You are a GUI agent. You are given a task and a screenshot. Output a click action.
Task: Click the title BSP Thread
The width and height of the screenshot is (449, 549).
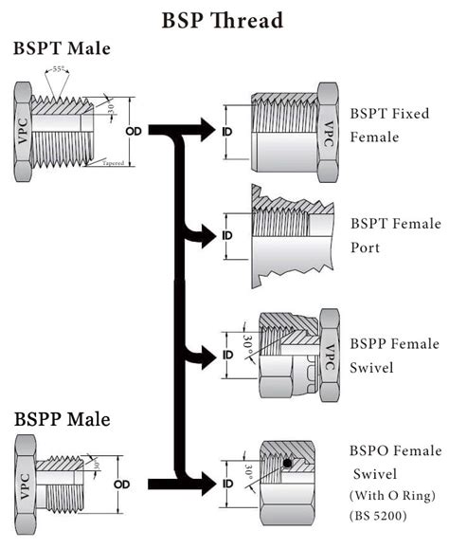pos(224,18)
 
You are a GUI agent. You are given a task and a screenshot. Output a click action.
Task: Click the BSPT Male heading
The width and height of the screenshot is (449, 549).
pos(62,50)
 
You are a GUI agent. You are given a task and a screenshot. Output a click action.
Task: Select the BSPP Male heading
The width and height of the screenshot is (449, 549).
pos(62,418)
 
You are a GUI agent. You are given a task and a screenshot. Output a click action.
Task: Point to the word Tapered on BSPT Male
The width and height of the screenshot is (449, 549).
pos(113,162)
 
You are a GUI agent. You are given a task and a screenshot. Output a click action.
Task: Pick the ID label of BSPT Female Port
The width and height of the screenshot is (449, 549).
pos(227,234)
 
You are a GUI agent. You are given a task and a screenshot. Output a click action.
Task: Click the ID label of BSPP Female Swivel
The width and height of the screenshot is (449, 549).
pos(227,356)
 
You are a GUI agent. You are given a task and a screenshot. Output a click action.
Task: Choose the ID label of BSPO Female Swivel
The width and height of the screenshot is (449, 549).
pos(227,484)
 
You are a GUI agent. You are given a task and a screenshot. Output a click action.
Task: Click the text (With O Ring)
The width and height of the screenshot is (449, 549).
pos(392,496)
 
